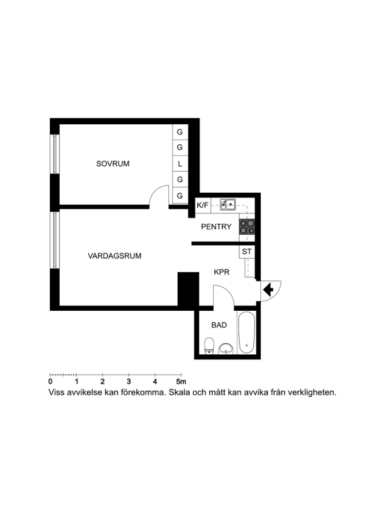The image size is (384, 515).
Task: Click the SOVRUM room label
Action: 112,164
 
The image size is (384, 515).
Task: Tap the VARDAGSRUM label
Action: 115,256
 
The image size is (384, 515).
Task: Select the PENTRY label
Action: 216,227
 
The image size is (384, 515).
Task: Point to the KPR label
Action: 221,272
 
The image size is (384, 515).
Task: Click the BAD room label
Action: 219,325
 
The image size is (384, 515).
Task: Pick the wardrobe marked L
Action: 180,164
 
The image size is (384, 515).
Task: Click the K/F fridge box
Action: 203,205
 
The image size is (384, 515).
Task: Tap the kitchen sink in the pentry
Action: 228,204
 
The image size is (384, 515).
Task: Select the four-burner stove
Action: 247,226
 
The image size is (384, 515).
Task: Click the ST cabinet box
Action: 247,252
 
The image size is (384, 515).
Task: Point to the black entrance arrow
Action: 268,290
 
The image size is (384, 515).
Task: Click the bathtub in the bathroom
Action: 247,332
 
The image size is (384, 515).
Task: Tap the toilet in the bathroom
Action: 209,346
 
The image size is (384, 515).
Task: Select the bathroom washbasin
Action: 226,349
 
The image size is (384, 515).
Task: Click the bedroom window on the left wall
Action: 54,154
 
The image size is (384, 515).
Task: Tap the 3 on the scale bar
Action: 128,382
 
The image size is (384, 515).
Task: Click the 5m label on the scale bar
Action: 181,382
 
